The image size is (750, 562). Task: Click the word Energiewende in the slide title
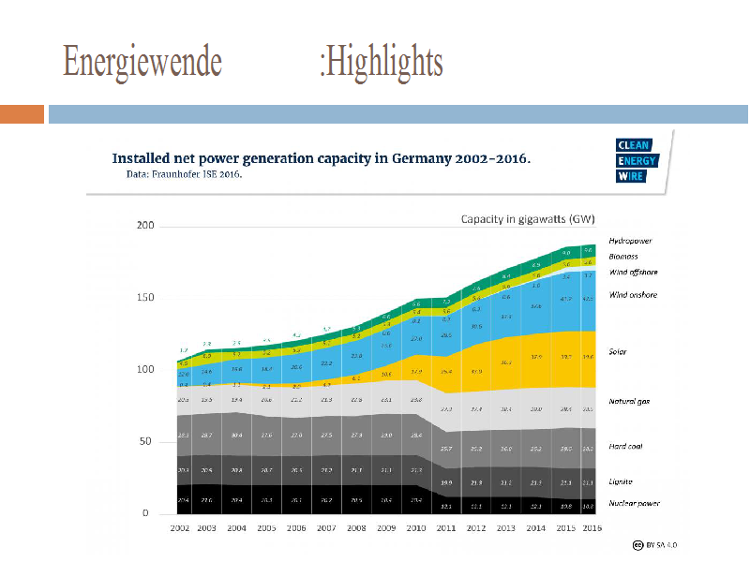[x=142, y=62]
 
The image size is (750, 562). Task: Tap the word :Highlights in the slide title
[x=381, y=62]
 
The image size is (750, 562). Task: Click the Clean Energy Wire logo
[x=637, y=160]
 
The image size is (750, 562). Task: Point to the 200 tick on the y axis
[x=145, y=226]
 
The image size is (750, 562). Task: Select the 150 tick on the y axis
[x=145, y=298]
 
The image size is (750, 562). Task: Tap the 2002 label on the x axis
[x=181, y=529]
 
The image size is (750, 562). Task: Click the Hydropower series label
[x=630, y=241]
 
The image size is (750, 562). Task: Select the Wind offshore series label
[x=633, y=272]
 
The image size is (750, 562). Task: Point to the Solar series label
[x=618, y=352]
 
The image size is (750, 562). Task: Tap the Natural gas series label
[x=630, y=401]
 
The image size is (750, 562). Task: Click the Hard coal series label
[x=625, y=446]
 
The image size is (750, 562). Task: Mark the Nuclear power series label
[x=634, y=503]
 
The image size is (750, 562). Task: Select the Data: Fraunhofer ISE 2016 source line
[x=184, y=173]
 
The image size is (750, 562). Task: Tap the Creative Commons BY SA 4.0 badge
[x=653, y=544]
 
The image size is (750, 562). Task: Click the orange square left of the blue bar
[x=22, y=114]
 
